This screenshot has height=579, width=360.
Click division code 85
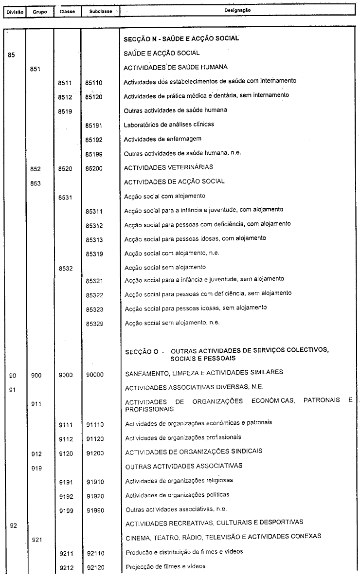(x=12, y=54)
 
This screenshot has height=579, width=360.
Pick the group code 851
(x=35, y=69)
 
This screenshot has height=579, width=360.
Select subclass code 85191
(x=94, y=125)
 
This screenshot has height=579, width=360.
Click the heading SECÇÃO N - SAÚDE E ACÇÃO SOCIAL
(x=181, y=39)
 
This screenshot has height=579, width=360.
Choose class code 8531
(x=65, y=197)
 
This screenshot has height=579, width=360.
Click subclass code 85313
(x=94, y=239)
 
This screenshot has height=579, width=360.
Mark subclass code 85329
(x=94, y=324)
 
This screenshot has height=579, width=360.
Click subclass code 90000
(x=94, y=373)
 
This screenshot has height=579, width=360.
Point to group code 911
(x=35, y=404)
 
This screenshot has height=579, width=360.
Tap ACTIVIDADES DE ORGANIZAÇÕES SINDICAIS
(x=194, y=451)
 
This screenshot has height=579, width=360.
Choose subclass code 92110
(x=94, y=553)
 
